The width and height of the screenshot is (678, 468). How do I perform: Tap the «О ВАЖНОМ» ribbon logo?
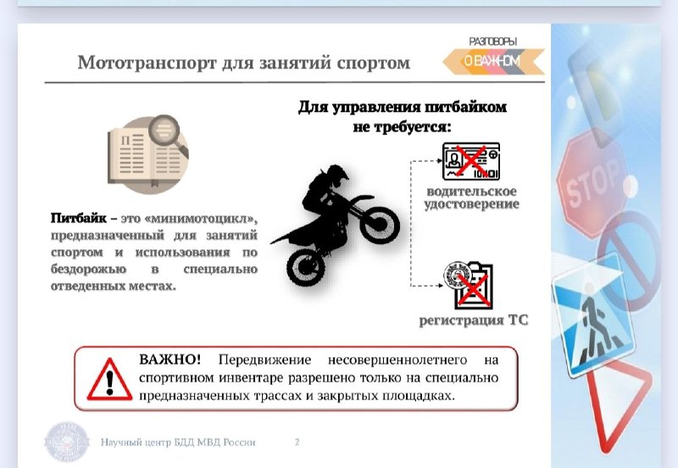click(x=493, y=61)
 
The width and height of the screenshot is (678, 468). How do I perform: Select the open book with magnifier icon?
click(x=148, y=153)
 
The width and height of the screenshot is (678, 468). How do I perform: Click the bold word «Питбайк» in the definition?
click(x=78, y=218)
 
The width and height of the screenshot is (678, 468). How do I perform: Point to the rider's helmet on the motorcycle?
click(x=337, y=175)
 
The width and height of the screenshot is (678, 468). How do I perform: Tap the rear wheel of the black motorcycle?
click(x=305, y=266)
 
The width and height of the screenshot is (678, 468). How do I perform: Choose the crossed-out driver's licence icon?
click(x=471, y=161)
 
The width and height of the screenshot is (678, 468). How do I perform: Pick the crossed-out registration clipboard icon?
click(x=470, y=285)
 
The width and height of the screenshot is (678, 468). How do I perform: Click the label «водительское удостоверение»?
click(x=471, y=198)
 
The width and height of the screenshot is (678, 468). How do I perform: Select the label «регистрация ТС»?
click(x=474, y=320)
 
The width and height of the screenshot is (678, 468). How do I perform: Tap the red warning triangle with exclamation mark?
click(x=109, y=379)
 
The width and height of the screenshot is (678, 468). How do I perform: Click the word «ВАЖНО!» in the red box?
click(x=170, y=359)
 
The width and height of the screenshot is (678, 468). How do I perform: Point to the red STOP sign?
click(x=591, y=185)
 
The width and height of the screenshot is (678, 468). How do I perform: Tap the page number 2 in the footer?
click(x=297, y=442)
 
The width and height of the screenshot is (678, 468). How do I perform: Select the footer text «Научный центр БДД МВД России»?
click(x=178, y=442)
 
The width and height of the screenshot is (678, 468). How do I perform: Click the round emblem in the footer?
click(x=67, y=442)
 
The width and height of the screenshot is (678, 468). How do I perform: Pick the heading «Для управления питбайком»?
click(x=402, y=107)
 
